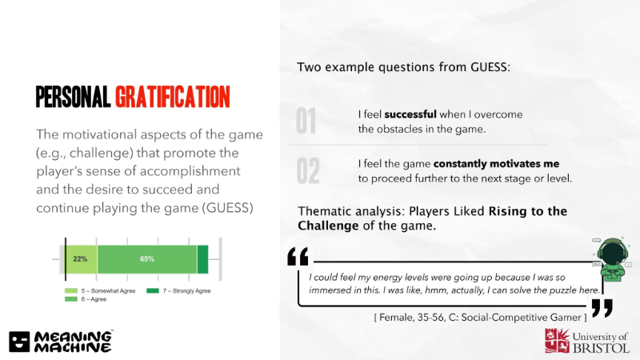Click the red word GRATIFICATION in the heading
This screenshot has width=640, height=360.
(173, 97)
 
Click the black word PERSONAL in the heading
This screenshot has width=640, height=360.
(73, 97)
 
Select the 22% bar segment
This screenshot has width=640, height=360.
(82, 259)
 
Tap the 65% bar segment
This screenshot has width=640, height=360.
(147, 259)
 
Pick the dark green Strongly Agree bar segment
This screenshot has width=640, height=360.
(203, 259)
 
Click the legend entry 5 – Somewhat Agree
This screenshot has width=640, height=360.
(100, 291)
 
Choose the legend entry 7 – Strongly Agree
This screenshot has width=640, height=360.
(178, 291)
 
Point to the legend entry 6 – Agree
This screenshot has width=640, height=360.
(86, 299)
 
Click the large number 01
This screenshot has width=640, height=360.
(306, 122)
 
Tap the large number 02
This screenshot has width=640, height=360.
(308, 170)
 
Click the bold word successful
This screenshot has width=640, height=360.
(410, 114)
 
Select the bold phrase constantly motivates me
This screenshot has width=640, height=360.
(496, 164)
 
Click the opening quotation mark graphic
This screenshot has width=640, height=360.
(298, 257)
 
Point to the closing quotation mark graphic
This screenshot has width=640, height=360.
(602, 308)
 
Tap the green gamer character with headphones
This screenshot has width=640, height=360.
(612, 259)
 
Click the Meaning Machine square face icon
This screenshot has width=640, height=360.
(19, 342)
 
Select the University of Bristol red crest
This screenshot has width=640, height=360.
(557, 341)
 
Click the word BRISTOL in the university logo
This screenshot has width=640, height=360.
(602, 348)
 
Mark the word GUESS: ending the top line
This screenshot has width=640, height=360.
(490, 67)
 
